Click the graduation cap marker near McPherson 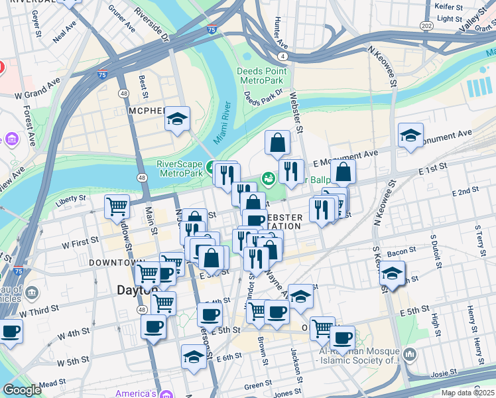tap(177, 119)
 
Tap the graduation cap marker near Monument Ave tap(410, 136)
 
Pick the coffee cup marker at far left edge tap(10, 331)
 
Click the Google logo tap(22, 390)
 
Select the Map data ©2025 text tap(467, 393)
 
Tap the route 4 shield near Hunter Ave tap(283, 56)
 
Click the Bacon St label tap(401, 252)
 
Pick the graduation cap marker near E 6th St tap(194, 356)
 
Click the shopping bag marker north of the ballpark tap(277, 142)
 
